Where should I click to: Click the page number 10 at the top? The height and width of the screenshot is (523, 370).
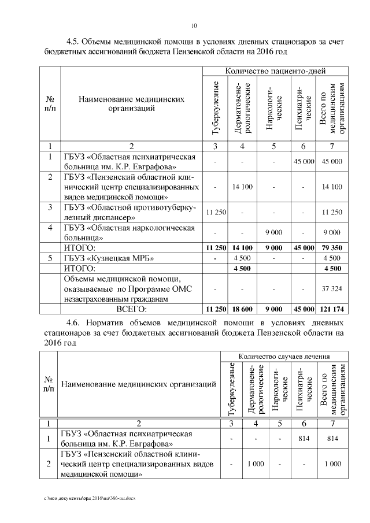pyautogui.click(x=194, y=25)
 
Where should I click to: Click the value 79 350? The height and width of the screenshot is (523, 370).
pyautogui.click(x=332, y=248)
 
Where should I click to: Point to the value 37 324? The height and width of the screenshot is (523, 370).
pyautogui.click(x=332, y=288)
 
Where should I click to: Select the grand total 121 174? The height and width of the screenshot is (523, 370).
pyautogui.click(x=332, y=309)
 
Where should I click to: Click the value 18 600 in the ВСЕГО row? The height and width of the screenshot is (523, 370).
pyautogui.click(x=244, y=309)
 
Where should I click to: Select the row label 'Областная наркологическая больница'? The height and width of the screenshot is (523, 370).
pyautogui.click(x=129, y=232)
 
